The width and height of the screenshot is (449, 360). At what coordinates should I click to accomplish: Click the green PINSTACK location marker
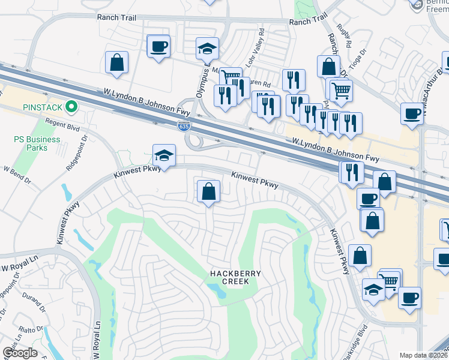[72, 108]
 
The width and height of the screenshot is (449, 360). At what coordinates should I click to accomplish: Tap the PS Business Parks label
[37, 143]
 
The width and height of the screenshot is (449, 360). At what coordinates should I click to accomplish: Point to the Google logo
[19, 353]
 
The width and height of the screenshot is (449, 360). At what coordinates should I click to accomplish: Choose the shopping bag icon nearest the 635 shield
[208, 192]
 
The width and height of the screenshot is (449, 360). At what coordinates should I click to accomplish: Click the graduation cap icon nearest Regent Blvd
[164, 155]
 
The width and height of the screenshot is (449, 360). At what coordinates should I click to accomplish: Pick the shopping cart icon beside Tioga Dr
[341, 91]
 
